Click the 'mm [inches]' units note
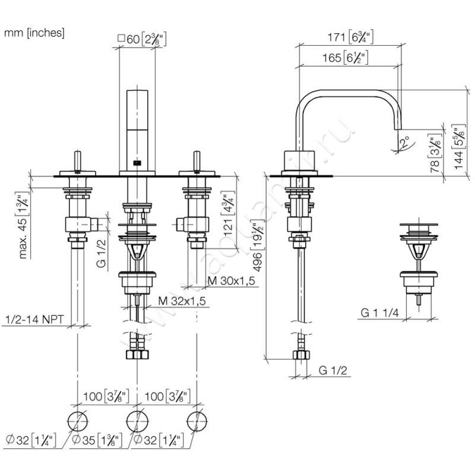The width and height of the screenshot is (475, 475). pyautogui.click(x=34, y=33)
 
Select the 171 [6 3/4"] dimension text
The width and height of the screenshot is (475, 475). pyautogui.click(x=349, y=37)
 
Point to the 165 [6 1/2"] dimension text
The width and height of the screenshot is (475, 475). pyautogui.click(x=347, y=58)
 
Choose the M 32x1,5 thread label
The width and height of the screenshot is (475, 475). pyautogui.click(x=182, y=302)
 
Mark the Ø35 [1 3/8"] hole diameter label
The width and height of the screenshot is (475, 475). pyautogui.click(x=97, y=441)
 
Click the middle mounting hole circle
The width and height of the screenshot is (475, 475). pyautogui.click(x=137, y=420)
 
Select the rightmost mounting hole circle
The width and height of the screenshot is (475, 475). pyautogui.click(x=197, y=420)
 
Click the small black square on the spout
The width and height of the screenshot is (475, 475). pyautogui.click(x=137, y=161)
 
